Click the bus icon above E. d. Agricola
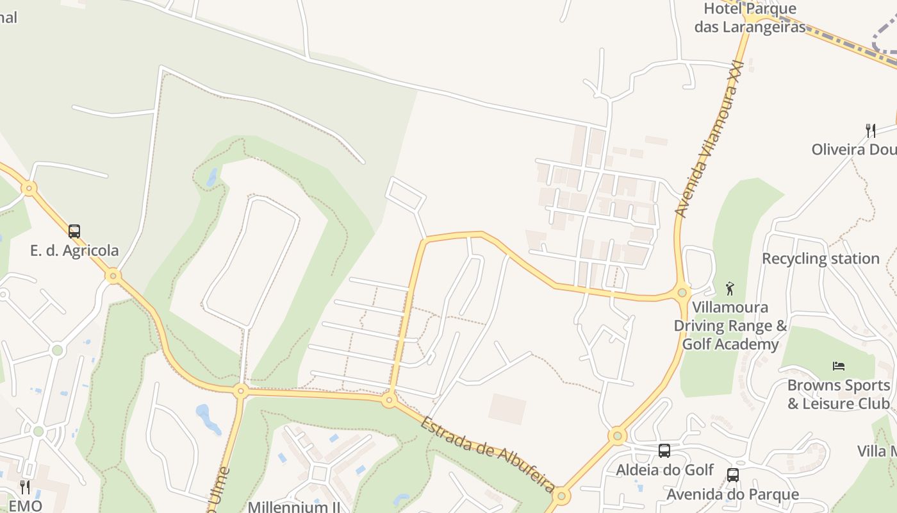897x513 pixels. [x=74, y=231]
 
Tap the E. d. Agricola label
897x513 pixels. [x=74, y=250]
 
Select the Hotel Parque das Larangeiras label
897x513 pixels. [x=750, y=17]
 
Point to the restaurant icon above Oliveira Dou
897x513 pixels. [x=870, y=131]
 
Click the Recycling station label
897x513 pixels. [x=820, y=258]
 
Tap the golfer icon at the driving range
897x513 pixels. [x=729, y=289]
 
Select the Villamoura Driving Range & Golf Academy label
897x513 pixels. [x=730, y=326]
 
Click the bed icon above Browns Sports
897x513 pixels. [x=839, y=366]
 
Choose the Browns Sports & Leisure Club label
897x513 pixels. [x=839, y=394]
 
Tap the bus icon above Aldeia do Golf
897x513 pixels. [x=664, y=451]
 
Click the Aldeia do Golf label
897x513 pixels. [x=664, y=470]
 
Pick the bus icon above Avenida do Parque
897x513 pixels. [x=732, y=475]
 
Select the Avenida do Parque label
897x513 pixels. [x=732, y=494]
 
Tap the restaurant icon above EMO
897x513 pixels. [x=24, y=487]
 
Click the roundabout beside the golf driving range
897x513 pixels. [x=682, y=293]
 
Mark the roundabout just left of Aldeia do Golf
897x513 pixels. [x=617, y=436]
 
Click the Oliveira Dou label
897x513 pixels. [x=854, y=149]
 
